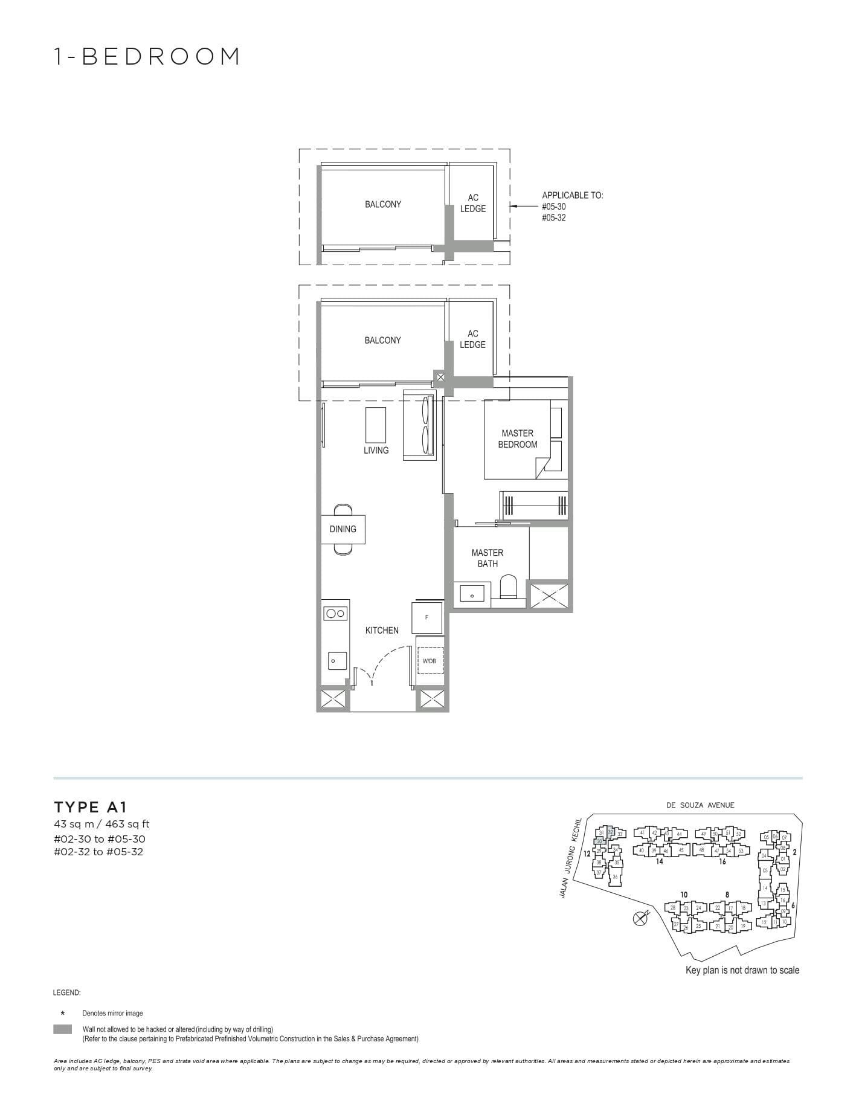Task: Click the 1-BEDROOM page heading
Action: pos(147,56)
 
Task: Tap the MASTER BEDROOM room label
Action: pos(517,439)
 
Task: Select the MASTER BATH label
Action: pos(487,558)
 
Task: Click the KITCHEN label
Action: pos(382,631)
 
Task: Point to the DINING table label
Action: pos(343,529)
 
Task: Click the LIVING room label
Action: pos(376,451)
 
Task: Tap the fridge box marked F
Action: pos(427,617)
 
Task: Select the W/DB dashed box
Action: pos(430,661)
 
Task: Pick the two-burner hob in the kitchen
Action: pos(335,614)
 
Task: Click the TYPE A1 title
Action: pos(91,807)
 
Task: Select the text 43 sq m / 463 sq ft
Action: pos(101,824)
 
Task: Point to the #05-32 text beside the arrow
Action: pos(553,217)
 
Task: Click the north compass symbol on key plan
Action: pos(640,919)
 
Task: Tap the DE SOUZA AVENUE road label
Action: pos(700,805)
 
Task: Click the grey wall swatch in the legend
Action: pos(62,1029)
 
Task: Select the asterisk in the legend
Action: pos(62,1014)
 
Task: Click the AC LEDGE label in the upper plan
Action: pos(472,203)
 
